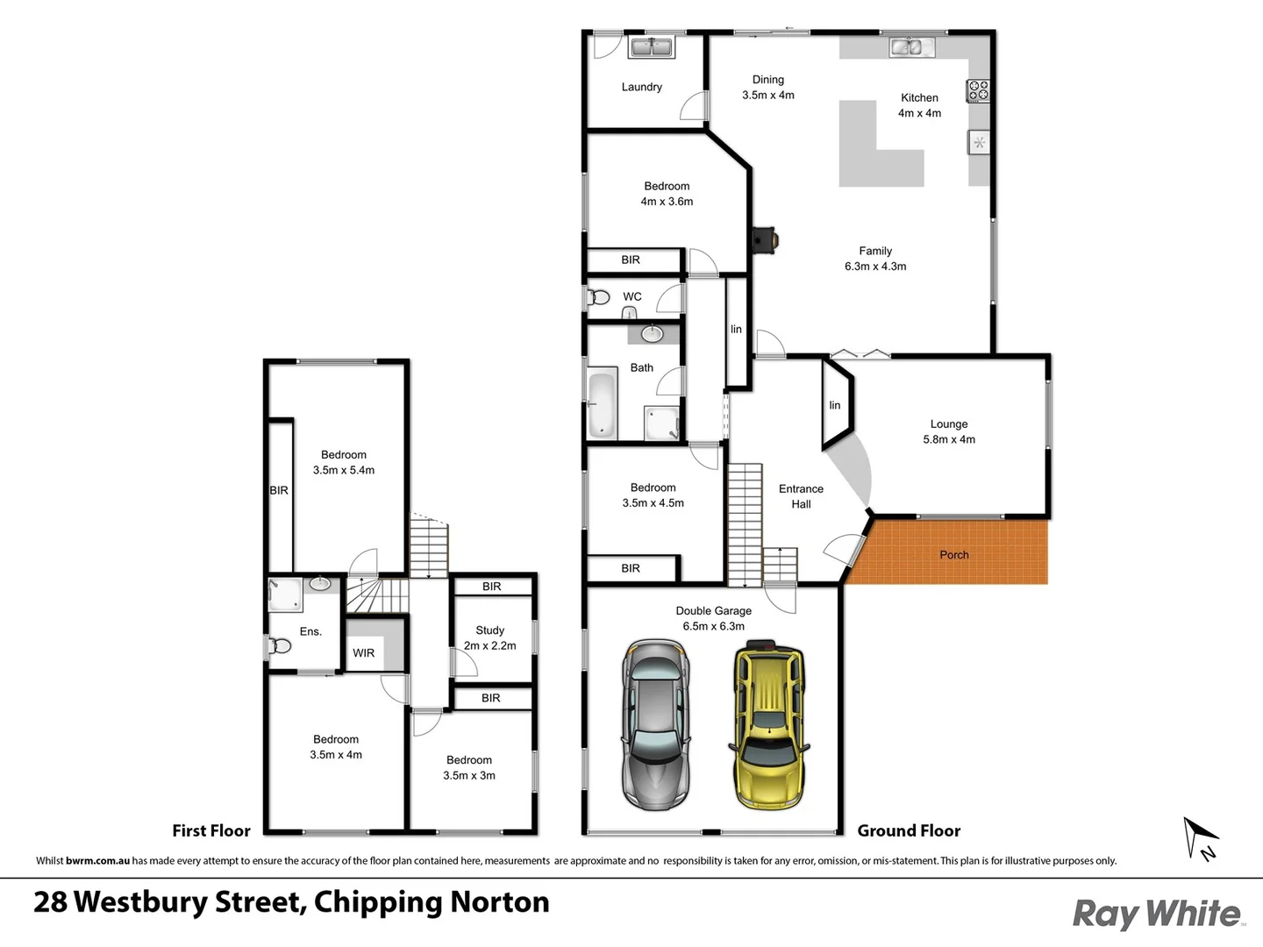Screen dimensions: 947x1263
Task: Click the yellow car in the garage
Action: pos(768,726)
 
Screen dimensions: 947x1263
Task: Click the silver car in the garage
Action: pos(655,726)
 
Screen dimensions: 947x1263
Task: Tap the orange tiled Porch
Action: pos(953,553)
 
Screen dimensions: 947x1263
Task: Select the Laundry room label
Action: pos(641,87)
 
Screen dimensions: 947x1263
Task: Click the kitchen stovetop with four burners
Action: pos(978,89)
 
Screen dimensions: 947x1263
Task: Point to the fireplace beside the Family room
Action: pos(765,239)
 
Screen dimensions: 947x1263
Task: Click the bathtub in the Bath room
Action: pos(602,405)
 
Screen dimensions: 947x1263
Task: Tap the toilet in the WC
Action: pos(599,297)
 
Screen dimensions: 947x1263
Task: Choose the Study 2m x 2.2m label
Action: pos(489,637)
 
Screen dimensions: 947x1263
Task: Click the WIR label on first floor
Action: pos(363,653)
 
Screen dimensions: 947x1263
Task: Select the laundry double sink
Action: pos(651,46)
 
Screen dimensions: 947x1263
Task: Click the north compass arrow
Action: pos(1200,837)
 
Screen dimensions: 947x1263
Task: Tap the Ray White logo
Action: pos(1157,914)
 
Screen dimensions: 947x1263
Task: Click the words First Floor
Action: pos(210,830)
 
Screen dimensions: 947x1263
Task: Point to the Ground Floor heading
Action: pos(909,830)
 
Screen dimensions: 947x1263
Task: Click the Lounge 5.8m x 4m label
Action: pos(949,431)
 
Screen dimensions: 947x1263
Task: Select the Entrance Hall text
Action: pos(801,496)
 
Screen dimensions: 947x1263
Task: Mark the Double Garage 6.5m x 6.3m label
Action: pos(713,618)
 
